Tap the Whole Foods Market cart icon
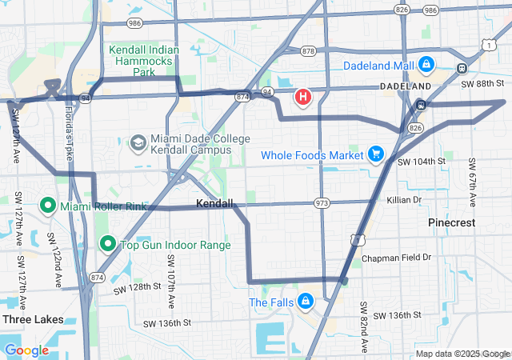pyautogui.click(x=374, y=154)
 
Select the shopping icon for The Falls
pyautogui.click(x=305, y=302)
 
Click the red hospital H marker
pyautogui.click(x=303, y=98)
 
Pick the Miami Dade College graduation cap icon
pyautogui.click(x=138, y=144)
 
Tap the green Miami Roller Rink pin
pyautogui.click(x=47, y=207)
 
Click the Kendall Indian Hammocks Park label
pyautogui.click(x=144, y=61)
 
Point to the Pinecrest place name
pyautogui.click(x=451, y=222)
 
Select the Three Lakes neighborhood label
pyautogui.click(x=32, y=319)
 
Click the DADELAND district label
pyautogui.click(x=405, y=85)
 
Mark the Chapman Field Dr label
pyautogui.click(x=396, y=258)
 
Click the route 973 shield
pyautogui.click(x=322, y=203)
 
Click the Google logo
pyautogui.click(x=27, y=350)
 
